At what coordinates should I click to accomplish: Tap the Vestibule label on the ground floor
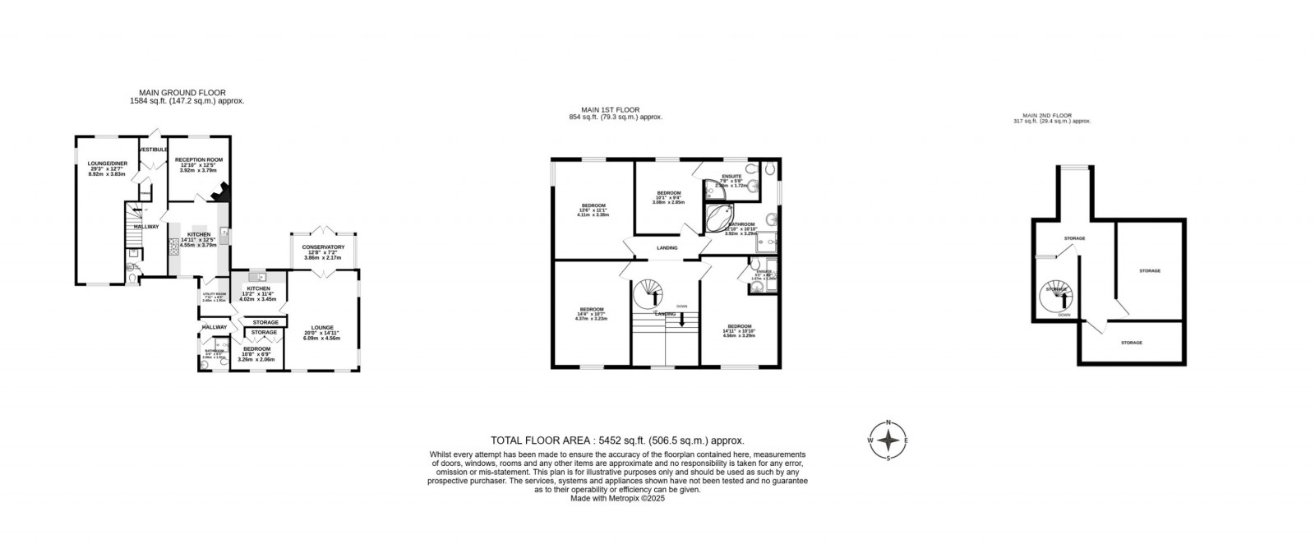154,150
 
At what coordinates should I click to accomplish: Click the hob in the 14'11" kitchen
174,246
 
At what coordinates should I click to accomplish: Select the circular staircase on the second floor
1056,293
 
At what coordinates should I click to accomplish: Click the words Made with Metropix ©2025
616,497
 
